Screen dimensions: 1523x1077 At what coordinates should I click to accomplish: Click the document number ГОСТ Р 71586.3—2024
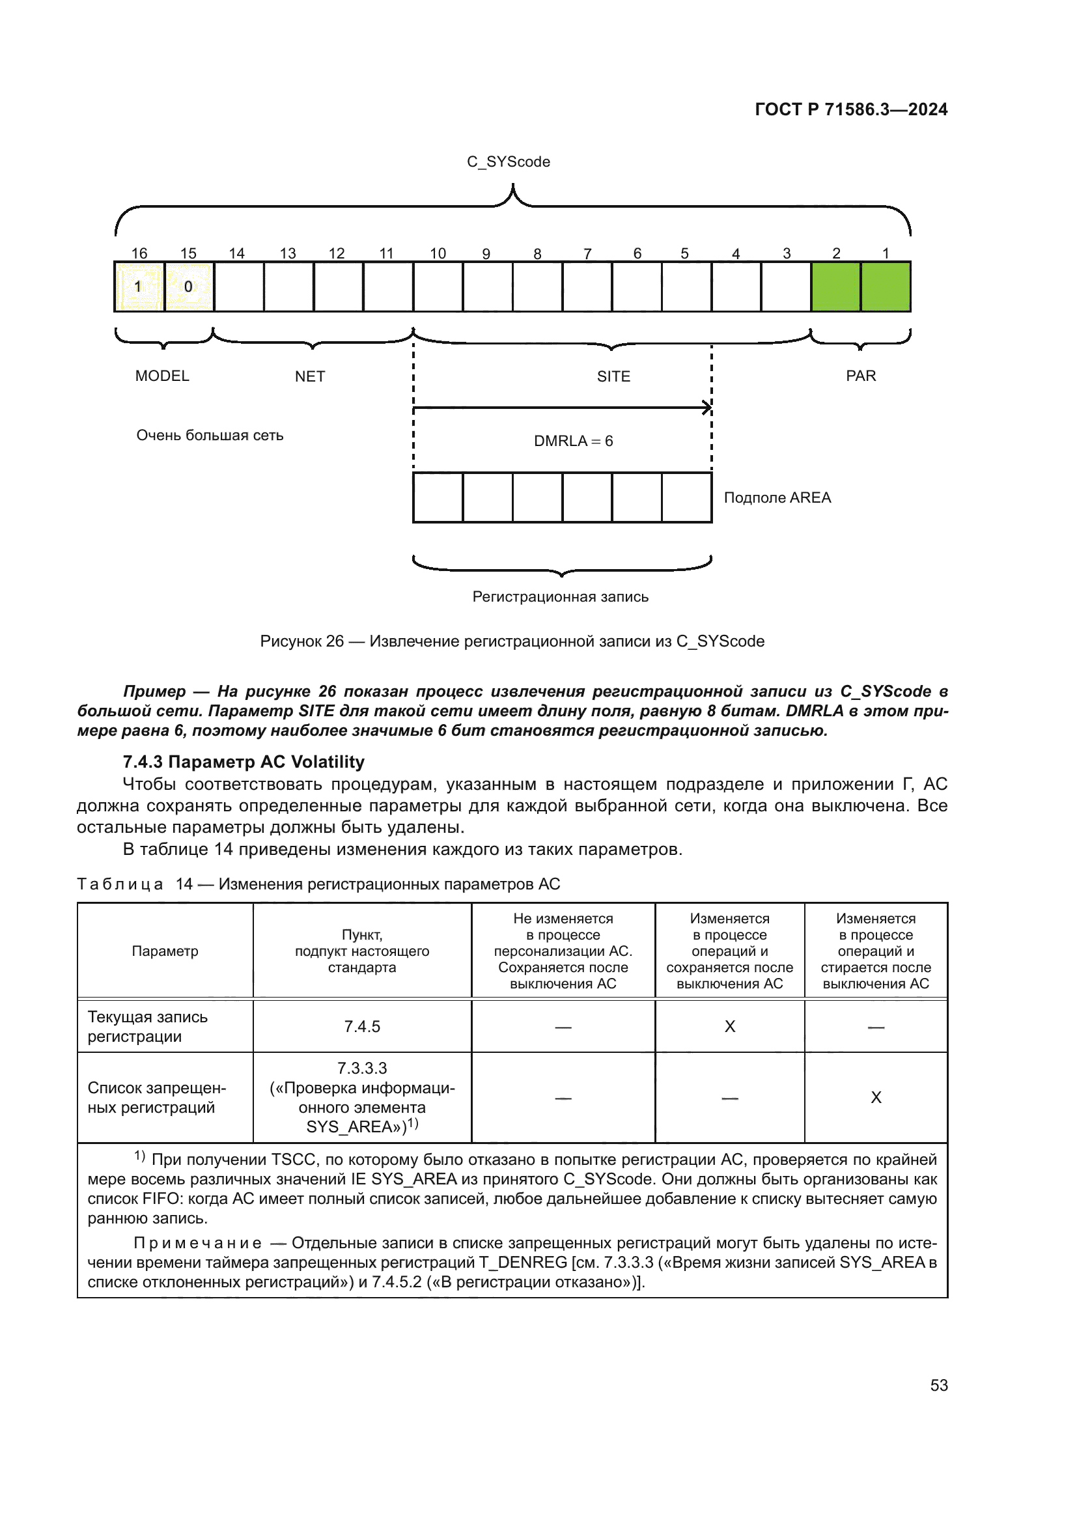tap(851, 109)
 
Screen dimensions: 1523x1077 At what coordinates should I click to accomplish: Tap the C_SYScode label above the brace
tap(508, 162)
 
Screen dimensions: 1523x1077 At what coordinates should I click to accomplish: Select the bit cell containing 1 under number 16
tap(139, 286)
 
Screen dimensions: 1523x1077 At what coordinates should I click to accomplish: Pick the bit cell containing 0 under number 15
tap(189, 286)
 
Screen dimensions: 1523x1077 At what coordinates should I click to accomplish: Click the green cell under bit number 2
tap(835, 286)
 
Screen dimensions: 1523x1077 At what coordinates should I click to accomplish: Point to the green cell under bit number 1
tap(886, 286)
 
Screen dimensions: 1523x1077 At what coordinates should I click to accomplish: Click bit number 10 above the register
tap(438, 253)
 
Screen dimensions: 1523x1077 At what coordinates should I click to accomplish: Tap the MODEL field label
tap(162, 376)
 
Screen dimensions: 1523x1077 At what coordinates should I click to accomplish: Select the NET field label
tap(310, 377)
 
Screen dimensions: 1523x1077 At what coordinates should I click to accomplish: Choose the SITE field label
tap(613, 377)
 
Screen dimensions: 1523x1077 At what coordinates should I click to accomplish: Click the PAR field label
tap(861, 376)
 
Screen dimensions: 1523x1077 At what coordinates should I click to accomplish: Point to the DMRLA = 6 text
tap(573, 441)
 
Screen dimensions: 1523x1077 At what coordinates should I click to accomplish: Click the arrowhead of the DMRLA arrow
tap(707, 408)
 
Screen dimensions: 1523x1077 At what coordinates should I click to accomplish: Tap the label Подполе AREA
tap(777, 497)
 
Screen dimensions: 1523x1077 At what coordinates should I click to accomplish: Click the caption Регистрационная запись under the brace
tap(560, 597)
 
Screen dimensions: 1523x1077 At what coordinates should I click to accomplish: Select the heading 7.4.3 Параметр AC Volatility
tap(244, 762)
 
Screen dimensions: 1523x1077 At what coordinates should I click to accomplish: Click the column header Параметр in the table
tap(165, 951)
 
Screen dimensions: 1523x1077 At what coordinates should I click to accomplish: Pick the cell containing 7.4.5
tap(362, 1026)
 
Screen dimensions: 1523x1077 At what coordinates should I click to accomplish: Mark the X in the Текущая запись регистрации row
tap(729, 1026)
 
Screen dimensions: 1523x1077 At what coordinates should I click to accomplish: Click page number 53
tap(938, 1385)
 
